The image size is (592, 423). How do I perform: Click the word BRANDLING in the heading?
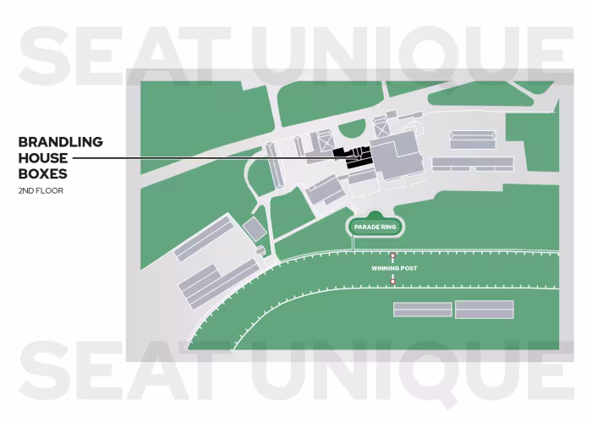click(60, 141)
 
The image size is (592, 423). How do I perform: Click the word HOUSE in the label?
click(43, 157)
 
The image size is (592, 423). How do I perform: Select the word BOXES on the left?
click(43, 173)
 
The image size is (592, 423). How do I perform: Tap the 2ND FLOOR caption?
click(41, 190)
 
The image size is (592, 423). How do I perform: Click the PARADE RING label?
click(375, 227)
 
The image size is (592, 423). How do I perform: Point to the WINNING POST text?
click(393, 268)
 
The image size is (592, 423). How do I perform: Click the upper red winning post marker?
click(392, 255)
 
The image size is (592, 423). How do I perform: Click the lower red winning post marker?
click(392, 281)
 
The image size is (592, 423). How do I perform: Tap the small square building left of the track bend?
click(255, 228)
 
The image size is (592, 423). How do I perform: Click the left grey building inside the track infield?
click(423, 310)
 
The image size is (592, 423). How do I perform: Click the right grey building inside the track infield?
click(485, 309)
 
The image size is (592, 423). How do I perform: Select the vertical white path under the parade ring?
click(354, 242)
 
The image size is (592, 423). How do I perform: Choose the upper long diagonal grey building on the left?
click(204, 237)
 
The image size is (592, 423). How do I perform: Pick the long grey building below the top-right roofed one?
click(472, 163)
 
